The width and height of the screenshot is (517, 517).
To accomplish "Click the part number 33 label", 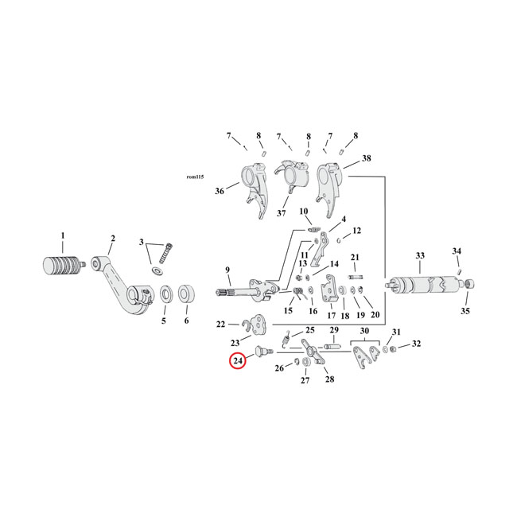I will [x=420, y=255].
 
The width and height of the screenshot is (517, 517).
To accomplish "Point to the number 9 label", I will [x=227, y=270].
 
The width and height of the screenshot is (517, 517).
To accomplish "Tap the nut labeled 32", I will [x=393, y=348].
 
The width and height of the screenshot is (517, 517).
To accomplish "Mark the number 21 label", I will [x=355, y=257].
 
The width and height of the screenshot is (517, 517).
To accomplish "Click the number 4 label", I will [x=344, y=219].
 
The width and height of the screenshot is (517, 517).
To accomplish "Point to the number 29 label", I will [x=334, y=330].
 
